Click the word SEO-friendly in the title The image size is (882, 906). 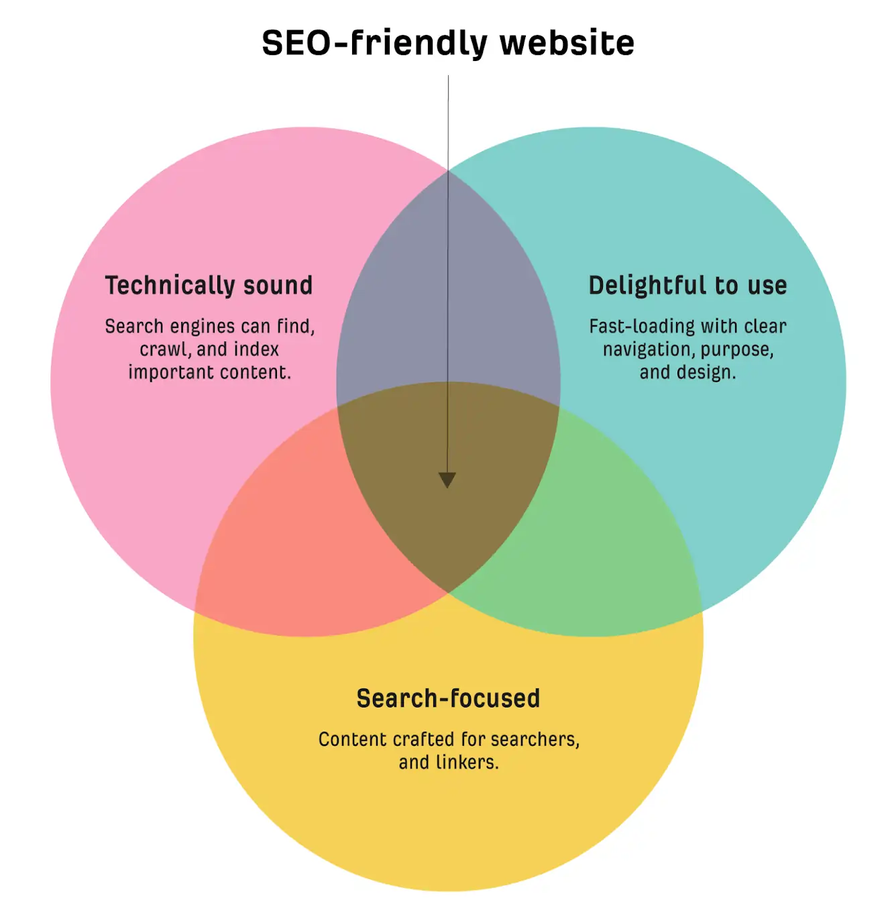point(374,44)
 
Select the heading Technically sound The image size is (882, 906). point(209,286)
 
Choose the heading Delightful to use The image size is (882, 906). point(687,286)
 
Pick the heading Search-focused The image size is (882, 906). point(448,698)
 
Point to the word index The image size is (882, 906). point(256,349)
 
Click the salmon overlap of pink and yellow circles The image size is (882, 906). point(298,535)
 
